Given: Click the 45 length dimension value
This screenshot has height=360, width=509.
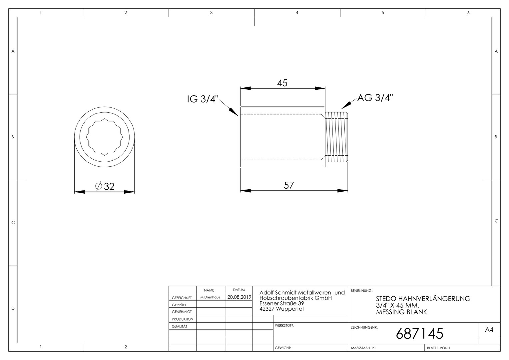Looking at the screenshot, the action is pos(282,83).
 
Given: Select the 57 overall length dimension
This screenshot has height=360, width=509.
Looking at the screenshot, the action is pos(289,185).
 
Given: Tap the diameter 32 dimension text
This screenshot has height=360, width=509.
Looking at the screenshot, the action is pos(105,186).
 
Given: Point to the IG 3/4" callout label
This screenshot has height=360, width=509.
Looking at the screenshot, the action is pos(203,99).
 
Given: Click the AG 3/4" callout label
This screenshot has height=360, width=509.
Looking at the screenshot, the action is pos(375,98).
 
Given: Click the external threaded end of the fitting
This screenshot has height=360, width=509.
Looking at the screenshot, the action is pos(336,137).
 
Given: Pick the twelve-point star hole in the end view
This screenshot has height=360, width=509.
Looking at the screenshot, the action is pos(105,137).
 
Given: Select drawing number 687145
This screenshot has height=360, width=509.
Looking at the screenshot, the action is pos(419,334).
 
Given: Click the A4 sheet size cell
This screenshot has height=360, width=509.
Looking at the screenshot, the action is pos(489,330).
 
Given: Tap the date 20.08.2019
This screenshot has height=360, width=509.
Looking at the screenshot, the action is pos(239,297).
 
